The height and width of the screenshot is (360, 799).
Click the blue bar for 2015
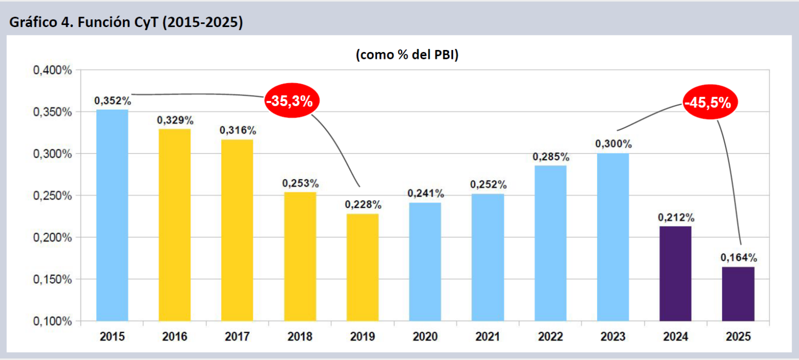(x=112, y=215)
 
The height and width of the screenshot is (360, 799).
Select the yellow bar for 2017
(x=237, y=230)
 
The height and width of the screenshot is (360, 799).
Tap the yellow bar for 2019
(x=363, y=267)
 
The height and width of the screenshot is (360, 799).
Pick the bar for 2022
(x=550, y=243)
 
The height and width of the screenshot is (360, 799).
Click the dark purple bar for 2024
(x=675, y=273)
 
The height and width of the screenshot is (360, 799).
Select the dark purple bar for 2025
(x=738, y=293)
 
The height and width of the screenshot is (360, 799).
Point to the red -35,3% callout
(x=289, y=101)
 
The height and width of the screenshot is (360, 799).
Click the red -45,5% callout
(x=707, y=103)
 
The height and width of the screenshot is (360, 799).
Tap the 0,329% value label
(x=175, y=120)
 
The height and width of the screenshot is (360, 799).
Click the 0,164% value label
(x=739, y=258)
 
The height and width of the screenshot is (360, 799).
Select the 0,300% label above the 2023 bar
(x=613, y=144)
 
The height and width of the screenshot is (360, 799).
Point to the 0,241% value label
(x=426, y=194)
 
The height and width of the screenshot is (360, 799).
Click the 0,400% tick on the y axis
(x=53, y=70)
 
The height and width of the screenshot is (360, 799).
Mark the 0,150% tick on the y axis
(x=53, y=279)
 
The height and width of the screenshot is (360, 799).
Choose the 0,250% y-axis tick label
(x=53, y=196)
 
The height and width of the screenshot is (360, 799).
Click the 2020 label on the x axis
(x=425, y=337)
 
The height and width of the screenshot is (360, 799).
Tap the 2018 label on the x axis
(x=300, y=337)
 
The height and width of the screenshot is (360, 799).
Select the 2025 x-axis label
(x=738, y=337)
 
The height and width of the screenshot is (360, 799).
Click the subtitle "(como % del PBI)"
(x=407, y=56)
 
